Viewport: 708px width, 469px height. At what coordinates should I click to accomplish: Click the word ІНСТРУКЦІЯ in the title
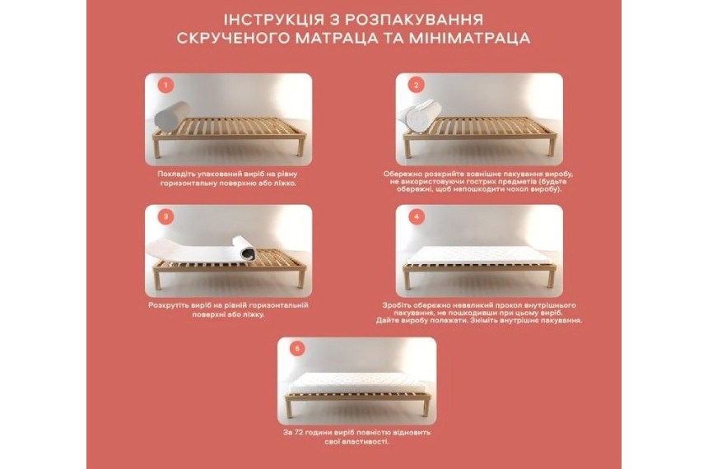click(x=274, y=20)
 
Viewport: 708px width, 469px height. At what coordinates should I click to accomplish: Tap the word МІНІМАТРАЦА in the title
click(x=469, y=38)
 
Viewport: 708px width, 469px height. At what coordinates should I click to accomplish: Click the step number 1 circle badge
click(x=165, y=85)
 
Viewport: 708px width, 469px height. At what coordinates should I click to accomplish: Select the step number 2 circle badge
click(x=417, y=85)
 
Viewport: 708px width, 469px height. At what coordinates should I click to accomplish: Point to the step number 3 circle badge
click(x=165, y=216)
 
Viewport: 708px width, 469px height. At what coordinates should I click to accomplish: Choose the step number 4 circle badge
click(x=417, y=216)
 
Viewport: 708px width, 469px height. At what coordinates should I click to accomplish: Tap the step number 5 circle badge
click(x=297, y=349)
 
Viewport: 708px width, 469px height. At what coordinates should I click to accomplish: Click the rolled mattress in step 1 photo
click(x=171, y=116)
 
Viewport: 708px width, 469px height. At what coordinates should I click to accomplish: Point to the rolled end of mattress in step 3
click(x=245, y=248)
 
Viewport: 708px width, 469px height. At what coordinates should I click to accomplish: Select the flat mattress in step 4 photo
click(x=478, y=256)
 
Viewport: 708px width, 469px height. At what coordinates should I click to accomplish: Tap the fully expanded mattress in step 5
click(x=356, y=383)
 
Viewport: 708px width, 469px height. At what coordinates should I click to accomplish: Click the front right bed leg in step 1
click(x=300, y=146)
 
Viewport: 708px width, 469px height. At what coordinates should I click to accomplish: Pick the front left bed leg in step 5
click(x=289, y=408)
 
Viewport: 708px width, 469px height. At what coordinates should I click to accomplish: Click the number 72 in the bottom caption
click(x=299, y=433)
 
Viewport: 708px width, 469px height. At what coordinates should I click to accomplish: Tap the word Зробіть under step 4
click(x=394, y=305)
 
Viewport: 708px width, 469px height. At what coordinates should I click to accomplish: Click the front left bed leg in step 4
click(x=408, y=280)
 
